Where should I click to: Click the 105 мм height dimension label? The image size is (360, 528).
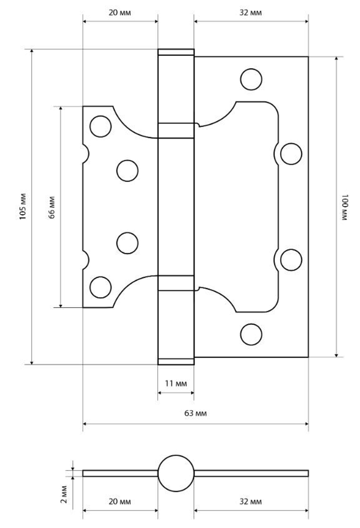click(x=23, y=207)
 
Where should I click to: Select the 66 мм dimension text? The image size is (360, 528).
click(x=52, y=207)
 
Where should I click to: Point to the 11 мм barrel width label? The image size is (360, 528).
click(x=176, y=384)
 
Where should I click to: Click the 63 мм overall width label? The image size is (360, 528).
click(x=195, y=413)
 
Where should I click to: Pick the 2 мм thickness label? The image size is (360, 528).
click(x=64, y=495)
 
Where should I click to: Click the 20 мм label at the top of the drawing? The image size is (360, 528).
click(x=120, y=13)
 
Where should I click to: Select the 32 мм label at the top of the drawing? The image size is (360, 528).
click(x=251, y=13)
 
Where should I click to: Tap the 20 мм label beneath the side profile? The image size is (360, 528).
click(x=120, y=501)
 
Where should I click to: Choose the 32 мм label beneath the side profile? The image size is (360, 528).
click(x=251, y=501)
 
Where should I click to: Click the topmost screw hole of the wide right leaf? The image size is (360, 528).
click(x=251, y=79)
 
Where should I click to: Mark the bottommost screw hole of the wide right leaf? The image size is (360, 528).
click(x=251, y=334)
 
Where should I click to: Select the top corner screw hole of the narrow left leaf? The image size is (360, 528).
click(x=100, y=126)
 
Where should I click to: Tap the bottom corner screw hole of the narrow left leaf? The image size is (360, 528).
click(x=100, y=287)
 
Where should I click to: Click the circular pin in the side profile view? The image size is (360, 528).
click(x=176, y=473)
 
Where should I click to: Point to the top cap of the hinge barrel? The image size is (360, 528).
click(x=176, y=52)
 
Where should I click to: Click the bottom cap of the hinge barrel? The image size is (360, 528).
click(x=176, y=361)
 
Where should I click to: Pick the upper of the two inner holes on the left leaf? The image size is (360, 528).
click(x=127, y=171)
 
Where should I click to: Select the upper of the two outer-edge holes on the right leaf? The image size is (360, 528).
click(x=291, y=154)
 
